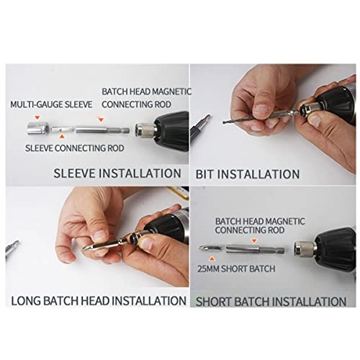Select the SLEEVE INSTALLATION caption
[x=117, y=173]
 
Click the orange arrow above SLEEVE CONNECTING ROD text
[x=65, y=137]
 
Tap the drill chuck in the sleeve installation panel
[x=144, y=130]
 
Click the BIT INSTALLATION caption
[x=248, y=174]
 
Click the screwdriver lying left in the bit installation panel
[x=197, y=130]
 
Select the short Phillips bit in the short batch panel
[x=210, y=248]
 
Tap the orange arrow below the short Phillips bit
[x=210, y=263]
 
